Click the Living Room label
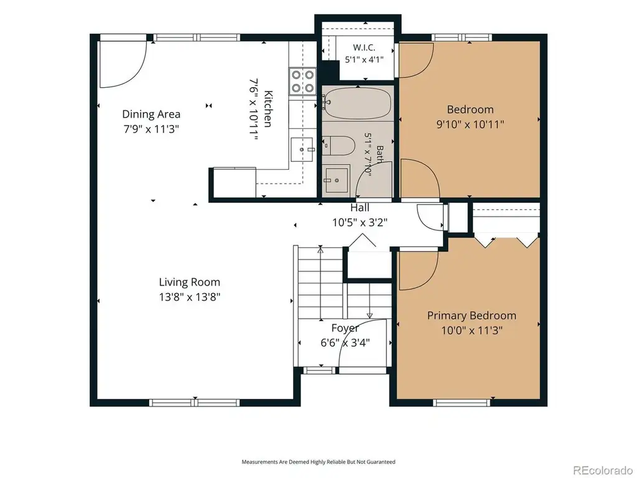[x=189, y=282]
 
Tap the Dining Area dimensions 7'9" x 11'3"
[x=151, y=129]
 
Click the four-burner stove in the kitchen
[x=303, y=82]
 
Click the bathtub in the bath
[x=358, y=103]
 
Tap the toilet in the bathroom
[x=340, y=146]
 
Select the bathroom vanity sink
[x=337, y=179]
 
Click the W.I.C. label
[x=364, y=47]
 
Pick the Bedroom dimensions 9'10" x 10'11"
[x=470, y=124]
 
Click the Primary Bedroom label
[x=472, y=316]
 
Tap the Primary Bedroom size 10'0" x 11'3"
[x=472, y=330]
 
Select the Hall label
[x=360, y=208]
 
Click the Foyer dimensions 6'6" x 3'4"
[x=345, y=343]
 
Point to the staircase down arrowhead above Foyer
[x=370, y=316]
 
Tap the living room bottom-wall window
[x=195, y=403]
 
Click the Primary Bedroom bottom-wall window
[x=462, y=403]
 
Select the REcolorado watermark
[x=602, y=470]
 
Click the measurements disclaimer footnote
[x=318, y=462]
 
